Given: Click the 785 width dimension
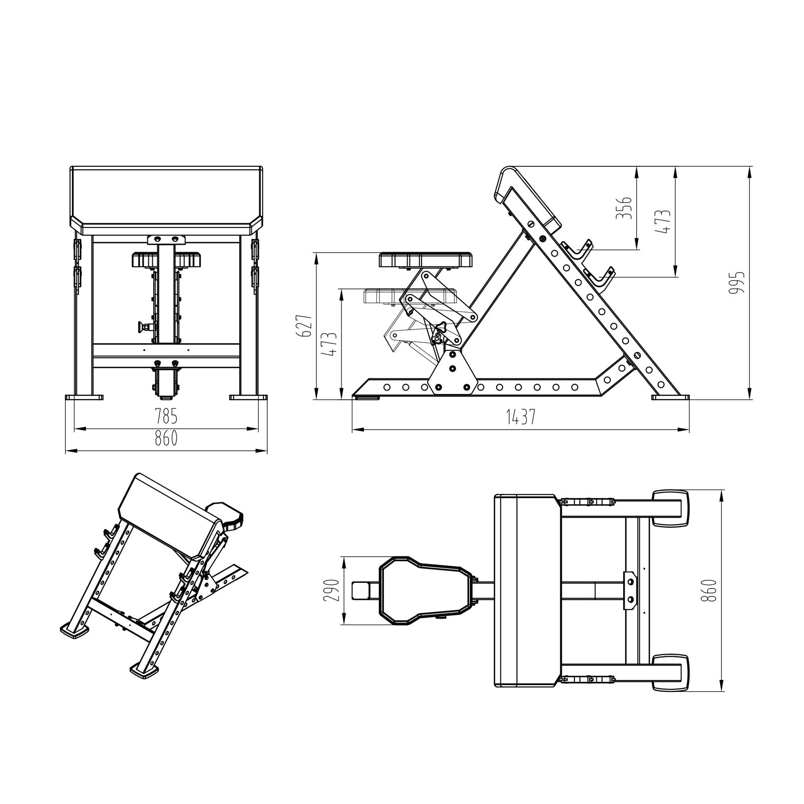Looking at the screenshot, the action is click(166, 417).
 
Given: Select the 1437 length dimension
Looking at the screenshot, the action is click(520, 417).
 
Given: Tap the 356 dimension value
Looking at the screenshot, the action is click(624, 208).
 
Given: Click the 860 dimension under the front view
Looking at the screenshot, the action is click(166, 438).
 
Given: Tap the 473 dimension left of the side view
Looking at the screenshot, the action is click(329, 344).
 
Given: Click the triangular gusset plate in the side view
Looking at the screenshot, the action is click(451, 372).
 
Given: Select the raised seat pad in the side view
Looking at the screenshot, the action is click(425, 260).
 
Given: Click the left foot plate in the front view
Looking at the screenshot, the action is click(84, 397).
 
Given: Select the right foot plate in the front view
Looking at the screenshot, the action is click(248, 397).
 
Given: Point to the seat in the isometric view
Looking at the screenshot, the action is click(225, 516).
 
